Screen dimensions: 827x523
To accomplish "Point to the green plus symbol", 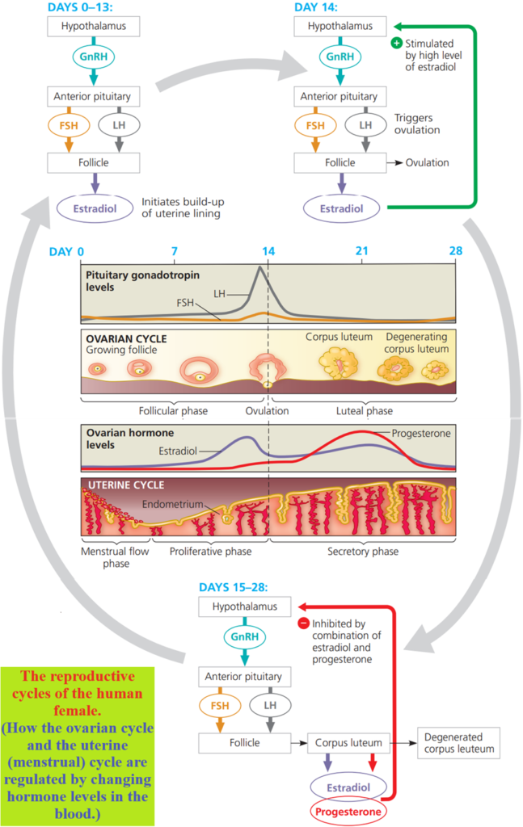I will [x=396, y=43].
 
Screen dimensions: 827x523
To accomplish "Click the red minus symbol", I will [x=304, y=623].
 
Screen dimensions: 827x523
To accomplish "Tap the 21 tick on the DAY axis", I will [x=362, y=251].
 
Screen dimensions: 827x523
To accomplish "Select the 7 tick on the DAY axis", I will [x=175, y=251].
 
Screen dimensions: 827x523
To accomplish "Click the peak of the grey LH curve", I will [x=260, y=268].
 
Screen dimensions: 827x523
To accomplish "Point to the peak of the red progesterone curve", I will [x=364, y=432].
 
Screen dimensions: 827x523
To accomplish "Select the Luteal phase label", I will [x=365, y=411].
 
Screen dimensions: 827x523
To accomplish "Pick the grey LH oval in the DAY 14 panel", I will [x=365, y=125].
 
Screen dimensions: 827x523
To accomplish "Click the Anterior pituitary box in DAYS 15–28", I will [x=243, y=676].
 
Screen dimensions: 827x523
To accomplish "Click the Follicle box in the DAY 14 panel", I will [x=340, y=162].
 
